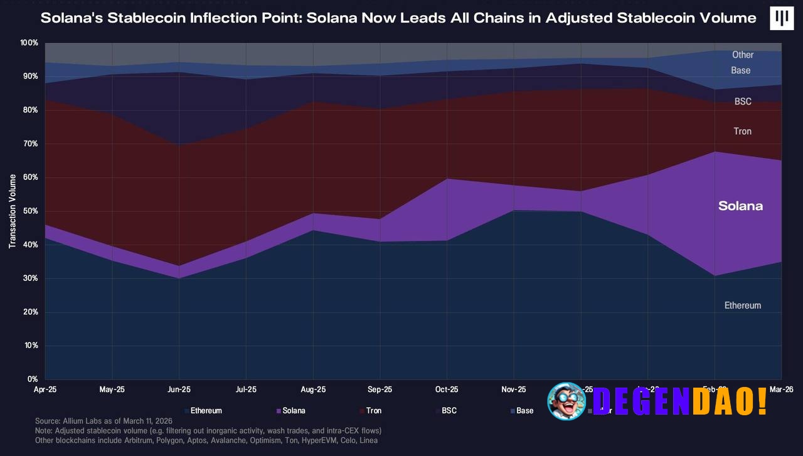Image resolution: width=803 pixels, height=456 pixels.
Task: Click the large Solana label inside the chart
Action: (x=740, y=206)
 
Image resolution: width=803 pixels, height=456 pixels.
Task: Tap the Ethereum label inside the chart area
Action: (x=742, y=305)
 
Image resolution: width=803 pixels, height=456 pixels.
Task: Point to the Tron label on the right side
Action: (x=742, y=131)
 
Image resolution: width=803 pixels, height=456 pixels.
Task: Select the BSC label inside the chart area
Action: (x=743, y=102)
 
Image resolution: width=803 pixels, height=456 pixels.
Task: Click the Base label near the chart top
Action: (x=740, y=70)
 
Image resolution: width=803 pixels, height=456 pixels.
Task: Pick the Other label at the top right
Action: (x=743, y=55)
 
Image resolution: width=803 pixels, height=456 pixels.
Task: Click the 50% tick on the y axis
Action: (x=29, y=211)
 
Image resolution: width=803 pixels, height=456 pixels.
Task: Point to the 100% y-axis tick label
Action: (x=28, y=43)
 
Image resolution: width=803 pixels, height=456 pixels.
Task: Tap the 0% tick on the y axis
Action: (x=33, y=379)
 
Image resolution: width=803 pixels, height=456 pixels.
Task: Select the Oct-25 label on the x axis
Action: (x=446, y=390)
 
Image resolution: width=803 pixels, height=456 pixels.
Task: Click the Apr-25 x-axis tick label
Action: (x=45, y=390)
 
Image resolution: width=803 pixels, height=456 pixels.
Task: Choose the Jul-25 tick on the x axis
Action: (x=245, y=390)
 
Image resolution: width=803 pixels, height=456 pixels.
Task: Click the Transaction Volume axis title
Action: (x=13, y=211)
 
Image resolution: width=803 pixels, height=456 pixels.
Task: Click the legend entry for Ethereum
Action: (x=206, y=411)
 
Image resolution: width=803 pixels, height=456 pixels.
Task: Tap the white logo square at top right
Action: (x=781, y=18)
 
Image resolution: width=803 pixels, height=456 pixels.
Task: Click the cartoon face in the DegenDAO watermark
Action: (x=566, y=400)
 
